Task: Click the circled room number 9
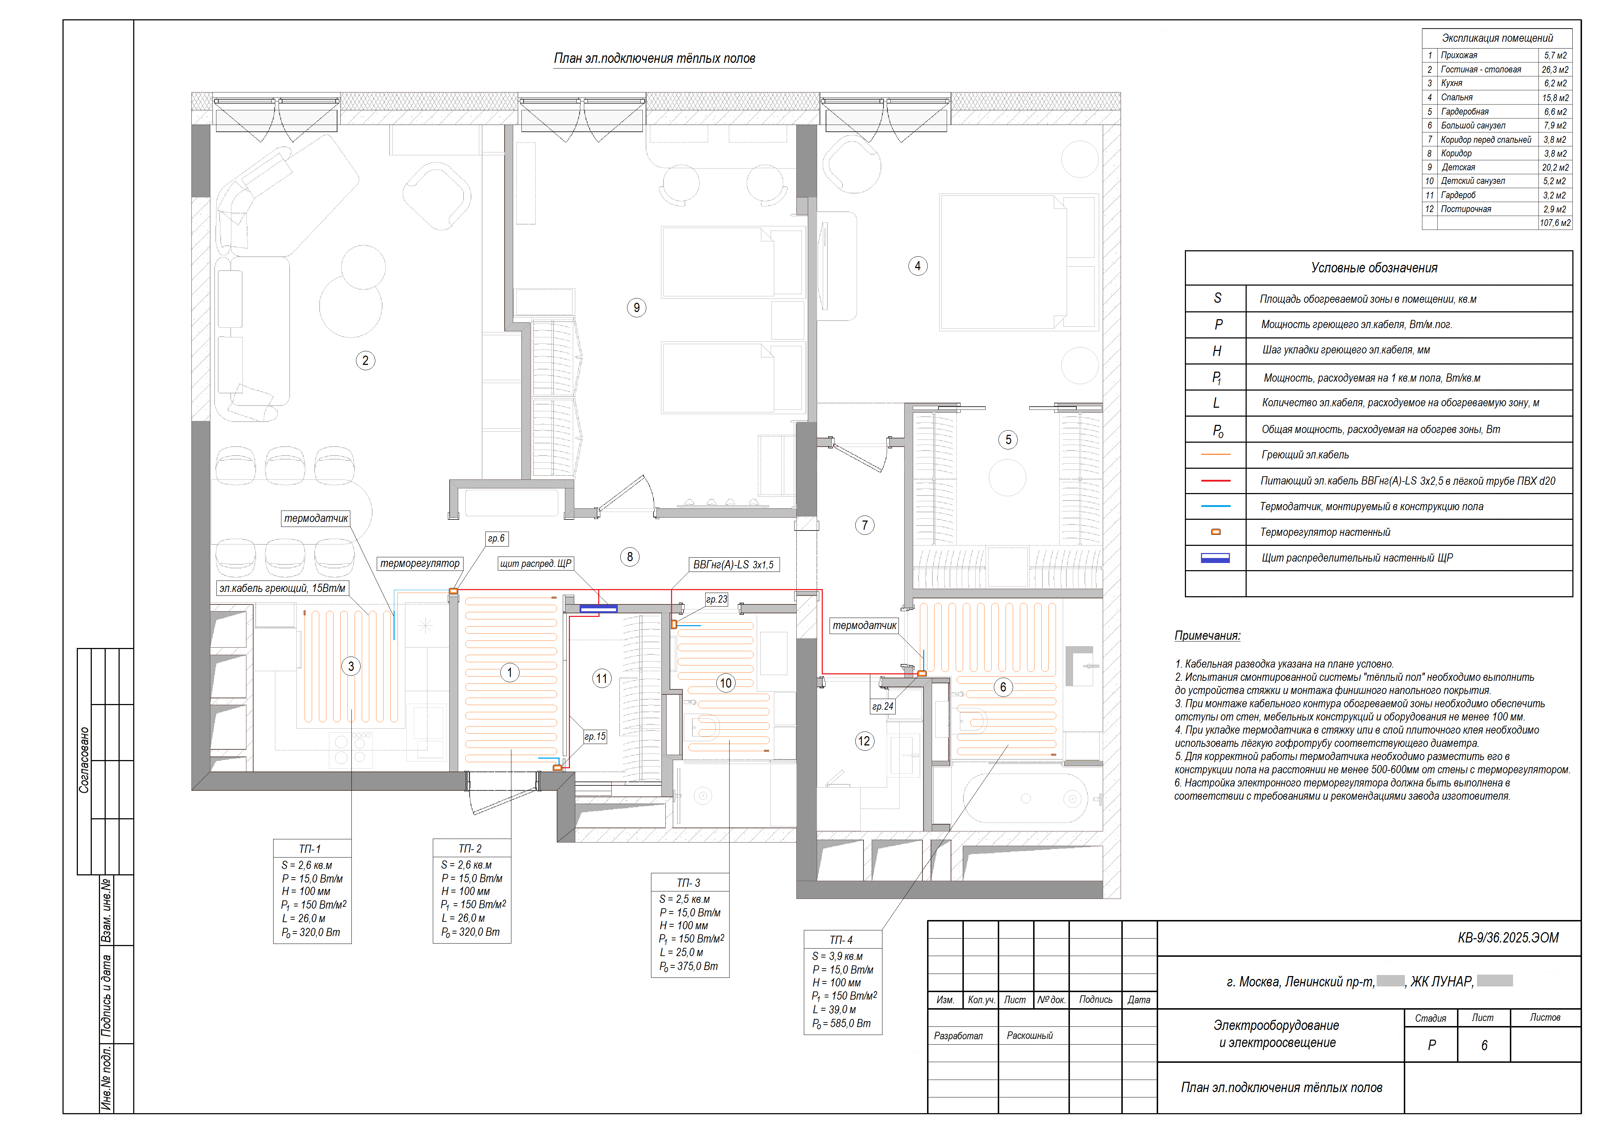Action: point(636,308)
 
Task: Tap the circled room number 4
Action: point(917,266)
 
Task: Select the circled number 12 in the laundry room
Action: point(863,741)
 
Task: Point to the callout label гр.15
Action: point(595,736)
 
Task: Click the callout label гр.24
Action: point(882,706)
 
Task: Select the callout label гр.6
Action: point(496,538)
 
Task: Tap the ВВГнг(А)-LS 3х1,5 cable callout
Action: point(734,565)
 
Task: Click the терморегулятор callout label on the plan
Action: point(420,563)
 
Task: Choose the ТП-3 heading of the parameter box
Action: point(689,883)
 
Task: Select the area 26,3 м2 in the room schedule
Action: point(1555,70)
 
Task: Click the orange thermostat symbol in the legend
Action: point(1216,532)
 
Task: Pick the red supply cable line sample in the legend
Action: point(1216,481)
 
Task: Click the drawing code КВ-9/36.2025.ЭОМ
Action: point(1508,938)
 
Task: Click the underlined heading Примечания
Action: point(1207,636)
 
